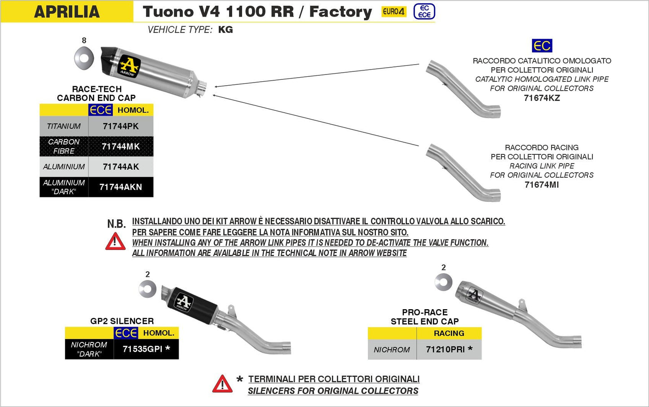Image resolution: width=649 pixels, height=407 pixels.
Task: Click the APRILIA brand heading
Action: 66,12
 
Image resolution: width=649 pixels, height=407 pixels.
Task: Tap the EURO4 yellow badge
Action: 393,12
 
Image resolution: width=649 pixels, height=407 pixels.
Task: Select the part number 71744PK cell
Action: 121,127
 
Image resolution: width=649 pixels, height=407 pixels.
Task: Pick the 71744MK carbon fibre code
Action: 121,147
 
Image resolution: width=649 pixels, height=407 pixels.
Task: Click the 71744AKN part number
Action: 121,187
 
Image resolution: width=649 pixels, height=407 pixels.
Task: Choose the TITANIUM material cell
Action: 64,127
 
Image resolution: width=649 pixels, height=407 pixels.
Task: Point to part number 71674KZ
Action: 542,98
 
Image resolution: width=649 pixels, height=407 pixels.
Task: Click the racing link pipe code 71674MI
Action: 542,185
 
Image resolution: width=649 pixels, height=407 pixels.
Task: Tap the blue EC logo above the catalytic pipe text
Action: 542,46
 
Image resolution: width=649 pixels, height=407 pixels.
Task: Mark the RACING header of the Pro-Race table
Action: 449,333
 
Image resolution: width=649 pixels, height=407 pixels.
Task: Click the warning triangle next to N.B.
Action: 115,242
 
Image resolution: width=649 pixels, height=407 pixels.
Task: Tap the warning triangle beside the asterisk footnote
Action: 222,384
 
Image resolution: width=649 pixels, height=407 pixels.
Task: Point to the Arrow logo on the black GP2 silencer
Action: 183,302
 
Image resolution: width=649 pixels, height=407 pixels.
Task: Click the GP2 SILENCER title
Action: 122,321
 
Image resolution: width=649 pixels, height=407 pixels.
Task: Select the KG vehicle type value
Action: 225,30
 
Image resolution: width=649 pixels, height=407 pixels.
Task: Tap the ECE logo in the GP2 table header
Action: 126,333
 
